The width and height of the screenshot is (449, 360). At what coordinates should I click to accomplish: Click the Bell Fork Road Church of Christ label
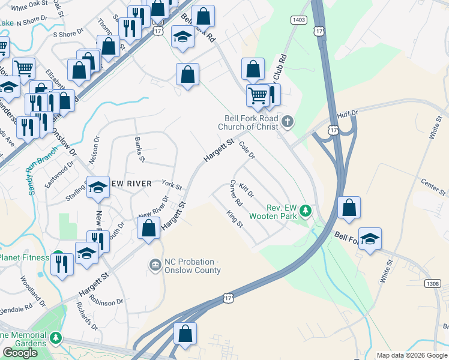[x=251, y=122]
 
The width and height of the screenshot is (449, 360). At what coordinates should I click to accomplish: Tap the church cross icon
[x=288, y=122]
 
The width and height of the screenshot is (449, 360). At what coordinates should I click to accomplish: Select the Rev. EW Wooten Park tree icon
[x=306, y=211]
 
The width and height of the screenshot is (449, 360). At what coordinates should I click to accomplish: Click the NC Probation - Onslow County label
[x=192, y=266]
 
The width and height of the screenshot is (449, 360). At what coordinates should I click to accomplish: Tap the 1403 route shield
[x=298, y=20]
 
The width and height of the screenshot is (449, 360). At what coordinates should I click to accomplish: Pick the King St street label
[x=234, y=219]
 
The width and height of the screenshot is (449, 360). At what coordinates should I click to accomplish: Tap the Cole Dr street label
[x=247, y=150]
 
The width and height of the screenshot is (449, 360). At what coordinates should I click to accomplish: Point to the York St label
[x=172, y=185]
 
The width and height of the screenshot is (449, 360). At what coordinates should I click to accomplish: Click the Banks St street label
[x=139, y=149]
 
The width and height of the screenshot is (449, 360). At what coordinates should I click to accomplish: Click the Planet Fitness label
[x=24, y=257]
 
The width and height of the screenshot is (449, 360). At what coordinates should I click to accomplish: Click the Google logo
[x=20, y=353]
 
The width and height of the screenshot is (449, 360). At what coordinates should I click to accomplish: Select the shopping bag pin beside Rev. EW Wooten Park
[x=349, y=208]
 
